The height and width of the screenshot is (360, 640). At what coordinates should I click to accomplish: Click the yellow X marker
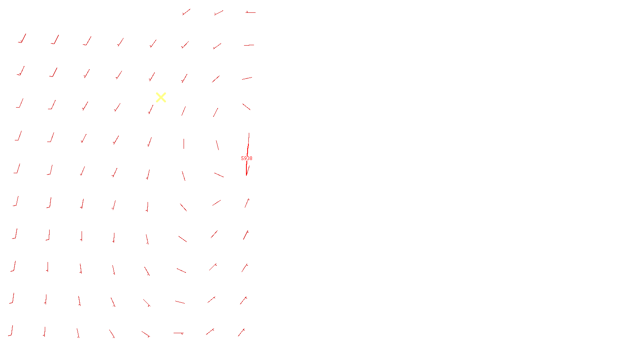coord(161,98)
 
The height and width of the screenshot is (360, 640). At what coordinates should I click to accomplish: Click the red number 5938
coord(246,158)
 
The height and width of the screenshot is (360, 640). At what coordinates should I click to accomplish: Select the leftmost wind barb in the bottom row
coord(10,330)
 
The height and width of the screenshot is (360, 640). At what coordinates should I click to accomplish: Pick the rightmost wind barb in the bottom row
coord(242,332)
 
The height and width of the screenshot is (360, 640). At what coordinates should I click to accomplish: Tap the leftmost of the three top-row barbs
coord(186,12)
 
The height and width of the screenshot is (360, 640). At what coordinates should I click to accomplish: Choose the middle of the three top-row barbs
coord(218,13)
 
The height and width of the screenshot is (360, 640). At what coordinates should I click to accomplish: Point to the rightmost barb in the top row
coord(250,12)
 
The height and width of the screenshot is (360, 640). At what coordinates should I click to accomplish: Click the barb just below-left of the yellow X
coord(150,110)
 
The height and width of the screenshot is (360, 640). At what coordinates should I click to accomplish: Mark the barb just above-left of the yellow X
coord(152,77)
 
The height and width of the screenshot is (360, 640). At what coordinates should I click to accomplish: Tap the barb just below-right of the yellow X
coord(184,111)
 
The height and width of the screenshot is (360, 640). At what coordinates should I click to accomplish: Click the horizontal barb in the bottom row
coord(178,333)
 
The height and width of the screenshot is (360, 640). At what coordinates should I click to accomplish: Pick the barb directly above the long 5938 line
coord(246,107)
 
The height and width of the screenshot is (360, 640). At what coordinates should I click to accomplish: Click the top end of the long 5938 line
coord(249,133)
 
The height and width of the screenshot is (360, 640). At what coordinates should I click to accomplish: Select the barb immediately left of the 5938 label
coord(219,175)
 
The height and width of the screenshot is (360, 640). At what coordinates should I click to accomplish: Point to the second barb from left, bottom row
coord(44,332)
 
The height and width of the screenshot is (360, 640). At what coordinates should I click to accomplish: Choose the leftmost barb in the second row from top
coord(22,38)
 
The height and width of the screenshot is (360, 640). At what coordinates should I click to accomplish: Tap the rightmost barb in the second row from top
coord(249,45)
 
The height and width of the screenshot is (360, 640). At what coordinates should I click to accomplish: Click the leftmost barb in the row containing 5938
coord(17,168)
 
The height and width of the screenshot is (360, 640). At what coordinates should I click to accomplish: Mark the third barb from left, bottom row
coord(78,333)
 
